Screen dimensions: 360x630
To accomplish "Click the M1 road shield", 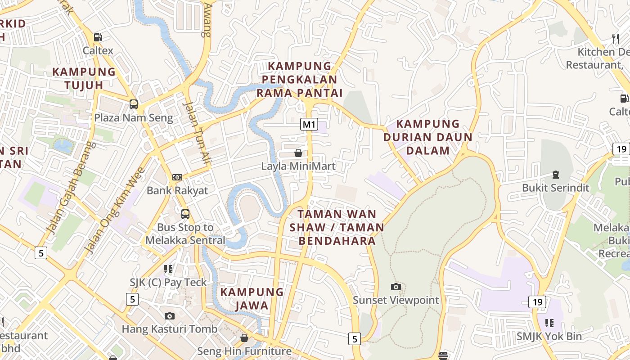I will pos(309,124).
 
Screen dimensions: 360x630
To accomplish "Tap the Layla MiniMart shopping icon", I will pos(298,153).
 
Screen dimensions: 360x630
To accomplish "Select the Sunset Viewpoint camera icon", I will pos(396,287).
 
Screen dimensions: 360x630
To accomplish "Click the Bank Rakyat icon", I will pos(177,177).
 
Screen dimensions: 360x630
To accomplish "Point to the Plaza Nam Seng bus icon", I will pos(134,104).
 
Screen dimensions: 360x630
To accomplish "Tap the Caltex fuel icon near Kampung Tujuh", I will pos(98,37).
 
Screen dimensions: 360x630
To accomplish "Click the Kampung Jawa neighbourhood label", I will pos(252,299).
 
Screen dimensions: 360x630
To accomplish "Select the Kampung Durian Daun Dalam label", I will pos(428,137).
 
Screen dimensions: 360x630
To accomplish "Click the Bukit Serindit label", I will pos(555,188).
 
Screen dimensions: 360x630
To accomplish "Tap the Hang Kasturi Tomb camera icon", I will pos(170,316).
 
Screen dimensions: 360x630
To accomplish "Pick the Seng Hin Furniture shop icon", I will pos(244,337).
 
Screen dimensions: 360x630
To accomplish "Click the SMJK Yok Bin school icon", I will pos(549,323).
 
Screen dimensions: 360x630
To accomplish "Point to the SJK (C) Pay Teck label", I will pos(168,283).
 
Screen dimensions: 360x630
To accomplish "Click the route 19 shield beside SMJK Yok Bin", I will pos(537,302).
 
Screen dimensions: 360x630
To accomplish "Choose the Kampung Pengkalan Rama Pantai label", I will pos(299,80).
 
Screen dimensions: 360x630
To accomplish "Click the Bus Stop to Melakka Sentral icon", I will pos(185,214).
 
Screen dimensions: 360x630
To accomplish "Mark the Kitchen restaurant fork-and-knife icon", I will pos(616,38).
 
